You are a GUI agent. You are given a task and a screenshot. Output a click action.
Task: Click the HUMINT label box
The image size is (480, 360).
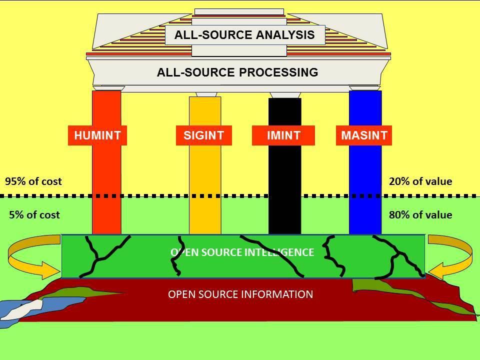[97, 135]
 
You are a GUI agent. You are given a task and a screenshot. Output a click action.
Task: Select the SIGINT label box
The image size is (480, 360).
[204, 135]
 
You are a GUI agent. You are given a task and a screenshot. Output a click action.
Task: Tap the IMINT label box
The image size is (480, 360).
[283, 135]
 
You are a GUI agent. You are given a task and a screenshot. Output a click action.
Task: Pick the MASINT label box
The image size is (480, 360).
[364, 135]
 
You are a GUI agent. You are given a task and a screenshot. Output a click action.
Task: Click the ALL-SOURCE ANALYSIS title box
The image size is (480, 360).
[245, 35]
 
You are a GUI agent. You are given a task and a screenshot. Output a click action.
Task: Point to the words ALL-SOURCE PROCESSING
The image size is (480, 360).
[237, 72]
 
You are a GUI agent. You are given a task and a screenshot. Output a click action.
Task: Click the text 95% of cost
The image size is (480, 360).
[33, 181]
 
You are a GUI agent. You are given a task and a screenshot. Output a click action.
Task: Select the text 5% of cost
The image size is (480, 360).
[34, 215]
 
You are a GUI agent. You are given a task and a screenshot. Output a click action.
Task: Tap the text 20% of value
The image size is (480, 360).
[420, 181]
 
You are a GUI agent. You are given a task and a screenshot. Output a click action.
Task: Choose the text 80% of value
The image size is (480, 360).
[420, 215]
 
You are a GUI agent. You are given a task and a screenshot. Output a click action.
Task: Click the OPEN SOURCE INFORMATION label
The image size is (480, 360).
[240, 294]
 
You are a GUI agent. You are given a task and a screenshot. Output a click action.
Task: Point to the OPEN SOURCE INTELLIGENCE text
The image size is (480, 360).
[242, 252]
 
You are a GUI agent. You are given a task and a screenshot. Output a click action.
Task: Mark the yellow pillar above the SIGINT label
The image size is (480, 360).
[205, 111]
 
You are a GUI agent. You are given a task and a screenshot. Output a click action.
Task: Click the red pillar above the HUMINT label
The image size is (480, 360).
[106, 108]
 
